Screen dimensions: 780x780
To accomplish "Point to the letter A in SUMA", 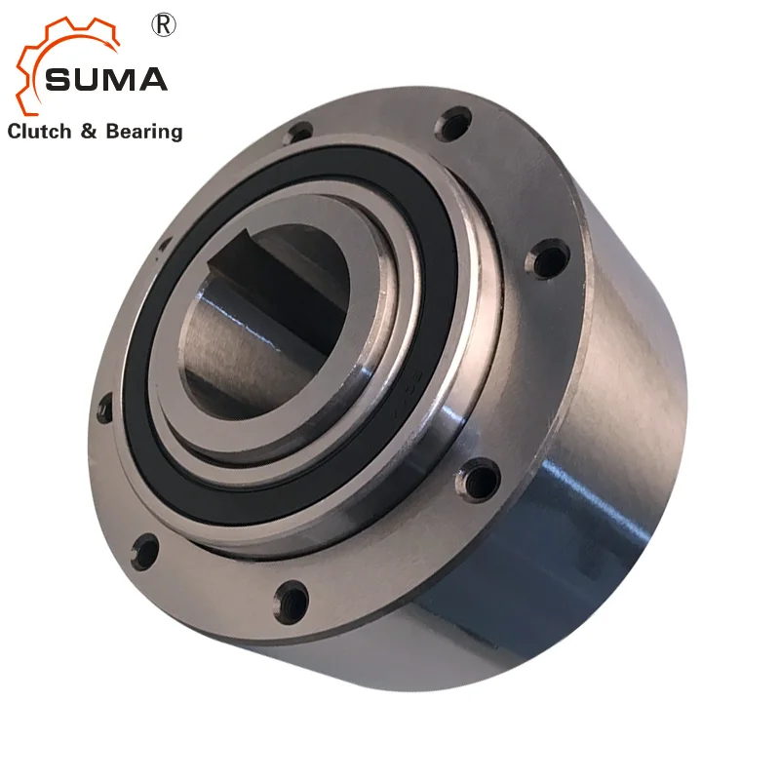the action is coord(152,80).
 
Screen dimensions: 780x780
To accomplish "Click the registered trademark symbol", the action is coord(163,25).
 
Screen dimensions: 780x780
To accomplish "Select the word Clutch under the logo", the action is coord(39,132).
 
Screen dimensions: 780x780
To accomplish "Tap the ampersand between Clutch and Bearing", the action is coord(88,132).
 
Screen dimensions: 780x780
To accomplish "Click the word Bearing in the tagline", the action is coord(144,133).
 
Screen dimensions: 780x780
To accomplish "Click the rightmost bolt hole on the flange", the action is coord(550,259).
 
